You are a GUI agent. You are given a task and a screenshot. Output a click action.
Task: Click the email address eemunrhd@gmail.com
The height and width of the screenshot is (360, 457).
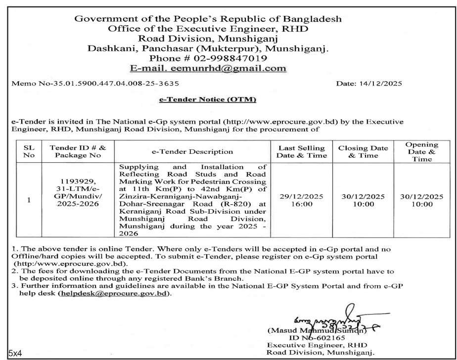click(215, 68)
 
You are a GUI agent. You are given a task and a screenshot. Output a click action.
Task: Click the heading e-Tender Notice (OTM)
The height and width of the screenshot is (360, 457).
click(207, 100)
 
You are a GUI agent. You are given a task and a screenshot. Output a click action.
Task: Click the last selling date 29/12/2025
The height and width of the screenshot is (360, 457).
click(301, 196)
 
